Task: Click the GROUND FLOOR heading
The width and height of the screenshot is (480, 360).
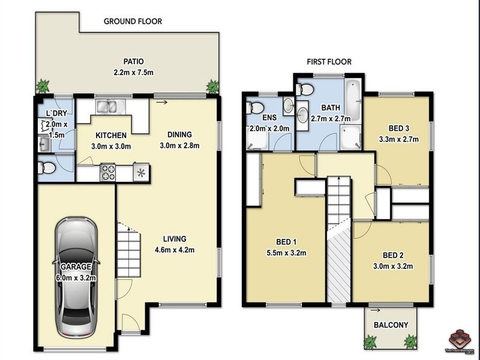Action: click(x=133, y=22)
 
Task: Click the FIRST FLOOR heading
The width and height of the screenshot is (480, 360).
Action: click(x=329, y=62)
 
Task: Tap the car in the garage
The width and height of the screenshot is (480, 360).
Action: click(x=76, y=277)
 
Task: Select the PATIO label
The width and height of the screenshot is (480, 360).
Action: click(x=134, y=61)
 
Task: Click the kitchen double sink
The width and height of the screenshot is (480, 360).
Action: click(x=110, y=108)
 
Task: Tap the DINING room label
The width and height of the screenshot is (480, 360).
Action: click(x=179, y=136)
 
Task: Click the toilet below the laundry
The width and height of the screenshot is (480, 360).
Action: click(x=47, y=167)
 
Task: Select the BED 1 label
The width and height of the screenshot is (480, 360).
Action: click(x=286, y=242)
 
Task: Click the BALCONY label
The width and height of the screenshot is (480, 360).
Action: click(x=391, y=325)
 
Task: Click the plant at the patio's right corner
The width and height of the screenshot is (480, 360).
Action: click(x=212, y=87)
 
